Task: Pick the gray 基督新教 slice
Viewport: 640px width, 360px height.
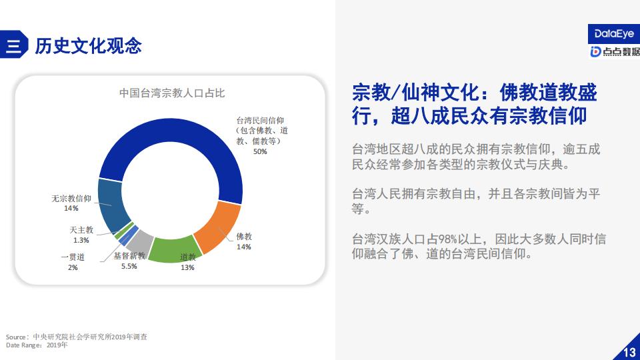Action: pos(139,241)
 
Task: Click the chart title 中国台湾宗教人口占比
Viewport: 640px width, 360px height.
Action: pos(172,93)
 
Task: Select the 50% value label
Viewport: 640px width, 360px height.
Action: pos(260,151)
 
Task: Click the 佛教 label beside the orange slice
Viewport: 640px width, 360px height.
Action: pos(244,236)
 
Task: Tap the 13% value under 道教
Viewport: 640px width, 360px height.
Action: pos(187,267)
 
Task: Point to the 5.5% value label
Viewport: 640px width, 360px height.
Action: pos(129,266)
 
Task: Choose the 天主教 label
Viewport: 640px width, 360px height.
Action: pos(81,230)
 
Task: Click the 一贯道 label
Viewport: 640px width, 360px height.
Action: pos(73,257)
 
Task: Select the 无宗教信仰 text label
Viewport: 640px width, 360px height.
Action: pos(71,199)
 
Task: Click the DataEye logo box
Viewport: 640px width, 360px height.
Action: pos(614,34)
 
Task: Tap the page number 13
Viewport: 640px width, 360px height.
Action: pos(629,352)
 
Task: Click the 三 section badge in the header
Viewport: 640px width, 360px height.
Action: pos(13,45)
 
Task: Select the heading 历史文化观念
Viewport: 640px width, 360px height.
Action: pos(88,45)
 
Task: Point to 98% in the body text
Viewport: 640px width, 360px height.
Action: pos(449,239)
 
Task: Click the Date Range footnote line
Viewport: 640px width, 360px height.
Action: pos(37,345)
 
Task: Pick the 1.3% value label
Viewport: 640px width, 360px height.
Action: pos(81,240)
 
